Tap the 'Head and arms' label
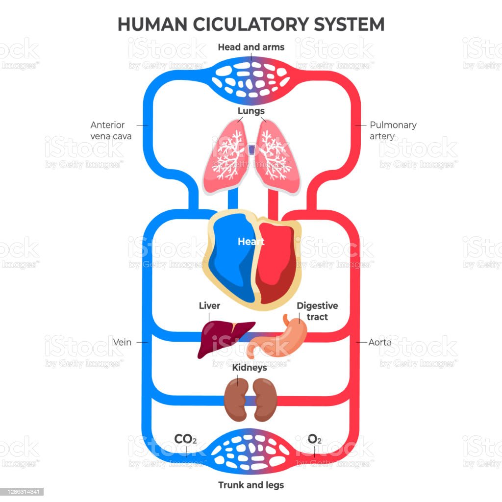251,47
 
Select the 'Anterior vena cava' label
111,131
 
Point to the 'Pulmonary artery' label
393,130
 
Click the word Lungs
251,111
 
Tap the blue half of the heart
230,260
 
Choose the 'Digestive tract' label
317,311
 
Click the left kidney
236,399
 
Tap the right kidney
265,399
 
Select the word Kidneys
250,367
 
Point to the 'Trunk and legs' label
251,485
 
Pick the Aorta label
379,342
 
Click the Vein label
122,342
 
